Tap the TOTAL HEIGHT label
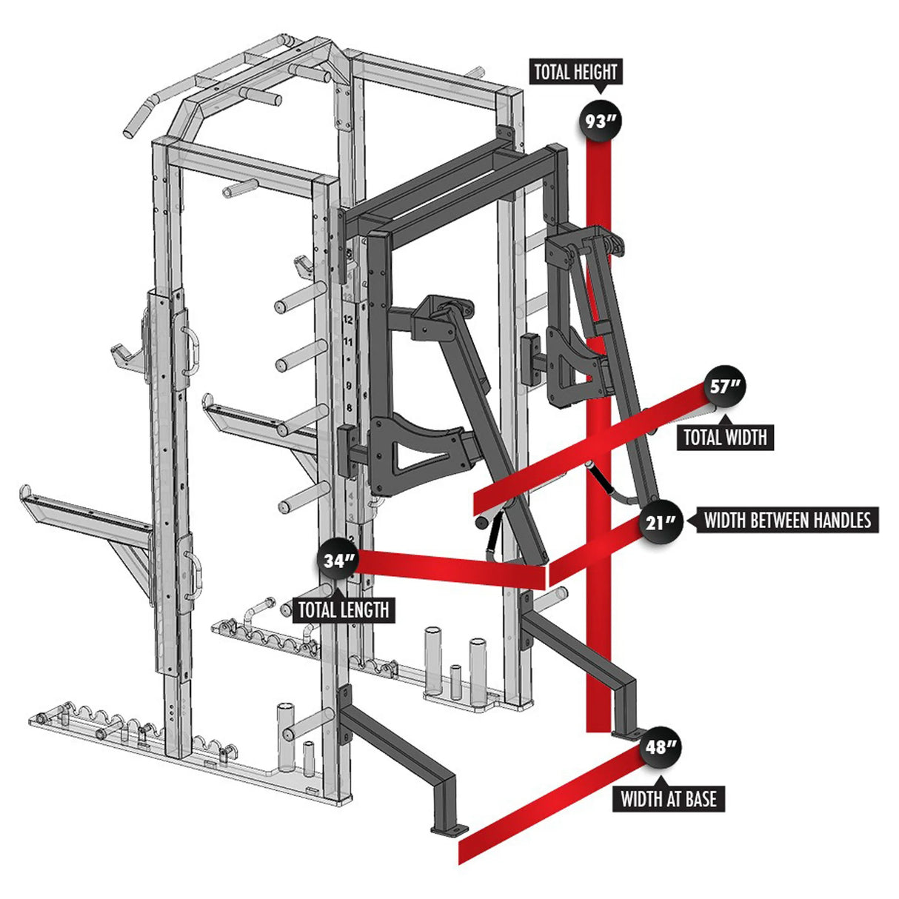(x=575, y=73)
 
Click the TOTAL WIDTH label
(x=725, y=437)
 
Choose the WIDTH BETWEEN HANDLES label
(x=787, y=520)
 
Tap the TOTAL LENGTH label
(x=343, y=609)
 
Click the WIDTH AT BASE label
(x=668, y=798)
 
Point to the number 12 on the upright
(x=348, y=321)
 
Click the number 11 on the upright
(x=348, y=341)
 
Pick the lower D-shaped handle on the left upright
(x=193, y=576)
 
